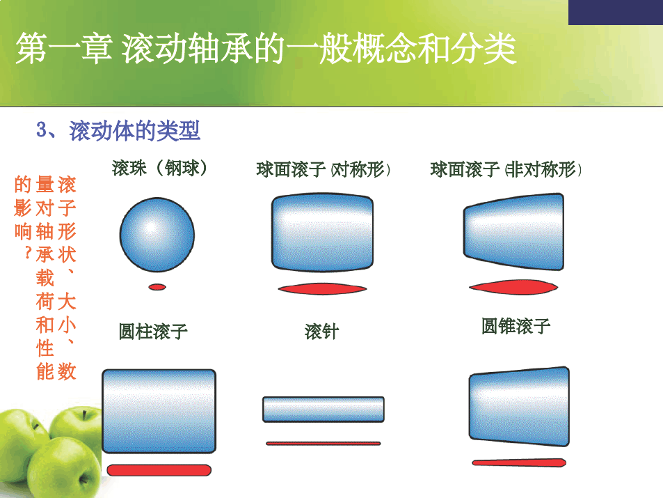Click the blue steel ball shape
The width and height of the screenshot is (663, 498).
coord(157,235)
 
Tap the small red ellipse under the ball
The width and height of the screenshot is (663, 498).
coord(157,287)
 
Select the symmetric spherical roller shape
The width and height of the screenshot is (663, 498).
coord(322,233)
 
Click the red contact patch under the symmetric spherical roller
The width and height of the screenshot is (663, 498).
coord(322,289)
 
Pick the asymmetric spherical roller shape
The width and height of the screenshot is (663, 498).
coord(513,232)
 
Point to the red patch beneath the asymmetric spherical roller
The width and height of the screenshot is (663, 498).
coord(513,287)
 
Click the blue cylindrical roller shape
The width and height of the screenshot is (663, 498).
coord(159,411)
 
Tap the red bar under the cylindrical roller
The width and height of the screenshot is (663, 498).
coord(159,470)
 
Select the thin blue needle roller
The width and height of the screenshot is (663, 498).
coord(323,410)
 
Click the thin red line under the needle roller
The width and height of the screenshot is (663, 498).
coord(323,444)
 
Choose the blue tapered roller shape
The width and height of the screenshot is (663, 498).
coord(519,407)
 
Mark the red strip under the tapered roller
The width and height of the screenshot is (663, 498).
coord(519,462)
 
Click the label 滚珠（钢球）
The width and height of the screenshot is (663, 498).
coord(159,168)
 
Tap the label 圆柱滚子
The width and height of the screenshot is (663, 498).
coord(153,332)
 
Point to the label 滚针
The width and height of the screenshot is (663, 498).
coord(322,332)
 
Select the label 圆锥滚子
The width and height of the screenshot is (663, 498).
coord(516,326)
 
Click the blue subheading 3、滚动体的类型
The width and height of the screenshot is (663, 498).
coord(118,130)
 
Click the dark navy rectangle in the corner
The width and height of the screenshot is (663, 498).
coord(616,13)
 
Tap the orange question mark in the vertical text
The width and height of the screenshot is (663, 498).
coord(28,253)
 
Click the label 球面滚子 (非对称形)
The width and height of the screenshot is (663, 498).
coord(506,169)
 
